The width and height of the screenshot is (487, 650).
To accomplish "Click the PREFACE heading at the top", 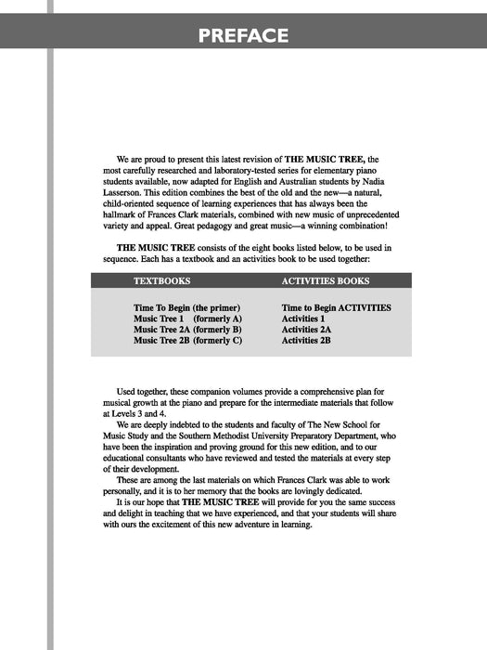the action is [x=243, y=36].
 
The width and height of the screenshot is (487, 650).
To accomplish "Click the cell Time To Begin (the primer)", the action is [x=187, y=307].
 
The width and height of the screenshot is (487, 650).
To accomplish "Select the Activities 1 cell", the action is [x=305, y=318].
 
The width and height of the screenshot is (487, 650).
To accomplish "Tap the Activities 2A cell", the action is [x=307, y=330].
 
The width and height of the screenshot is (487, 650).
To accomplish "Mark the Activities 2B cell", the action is [x=307, y=341].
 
